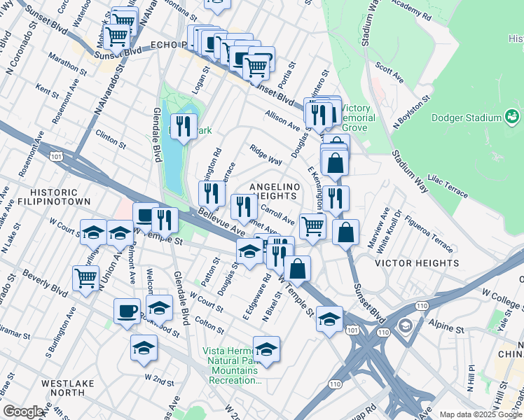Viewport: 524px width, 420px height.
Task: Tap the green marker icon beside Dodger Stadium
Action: [512, 115]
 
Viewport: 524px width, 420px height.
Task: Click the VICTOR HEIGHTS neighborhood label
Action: [417, 264]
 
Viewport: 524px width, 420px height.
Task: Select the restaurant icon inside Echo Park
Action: [184, 126]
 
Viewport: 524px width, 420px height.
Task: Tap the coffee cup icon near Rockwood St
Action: [127, 310]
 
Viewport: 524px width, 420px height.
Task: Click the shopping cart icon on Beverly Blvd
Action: [86, 277]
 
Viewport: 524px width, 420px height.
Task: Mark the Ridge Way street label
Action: [266, 155]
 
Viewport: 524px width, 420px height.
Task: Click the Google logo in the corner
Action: [23, 412]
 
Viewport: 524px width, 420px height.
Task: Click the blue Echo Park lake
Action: [172, 161]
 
